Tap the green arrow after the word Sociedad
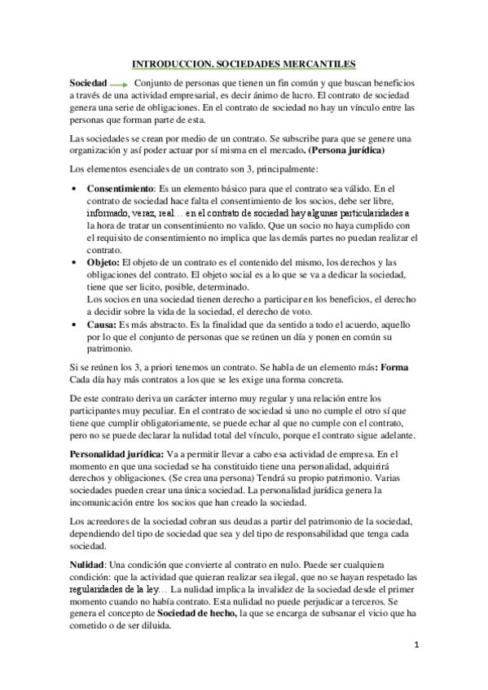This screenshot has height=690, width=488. click(x=119, y=85)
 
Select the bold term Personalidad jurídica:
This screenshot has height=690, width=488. click(x=117, y=453)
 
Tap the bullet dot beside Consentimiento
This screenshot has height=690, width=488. click(x=74, y=189)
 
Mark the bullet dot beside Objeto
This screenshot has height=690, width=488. click(x=74, y=262)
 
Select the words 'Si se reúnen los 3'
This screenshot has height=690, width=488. click(x=108, y=367)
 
